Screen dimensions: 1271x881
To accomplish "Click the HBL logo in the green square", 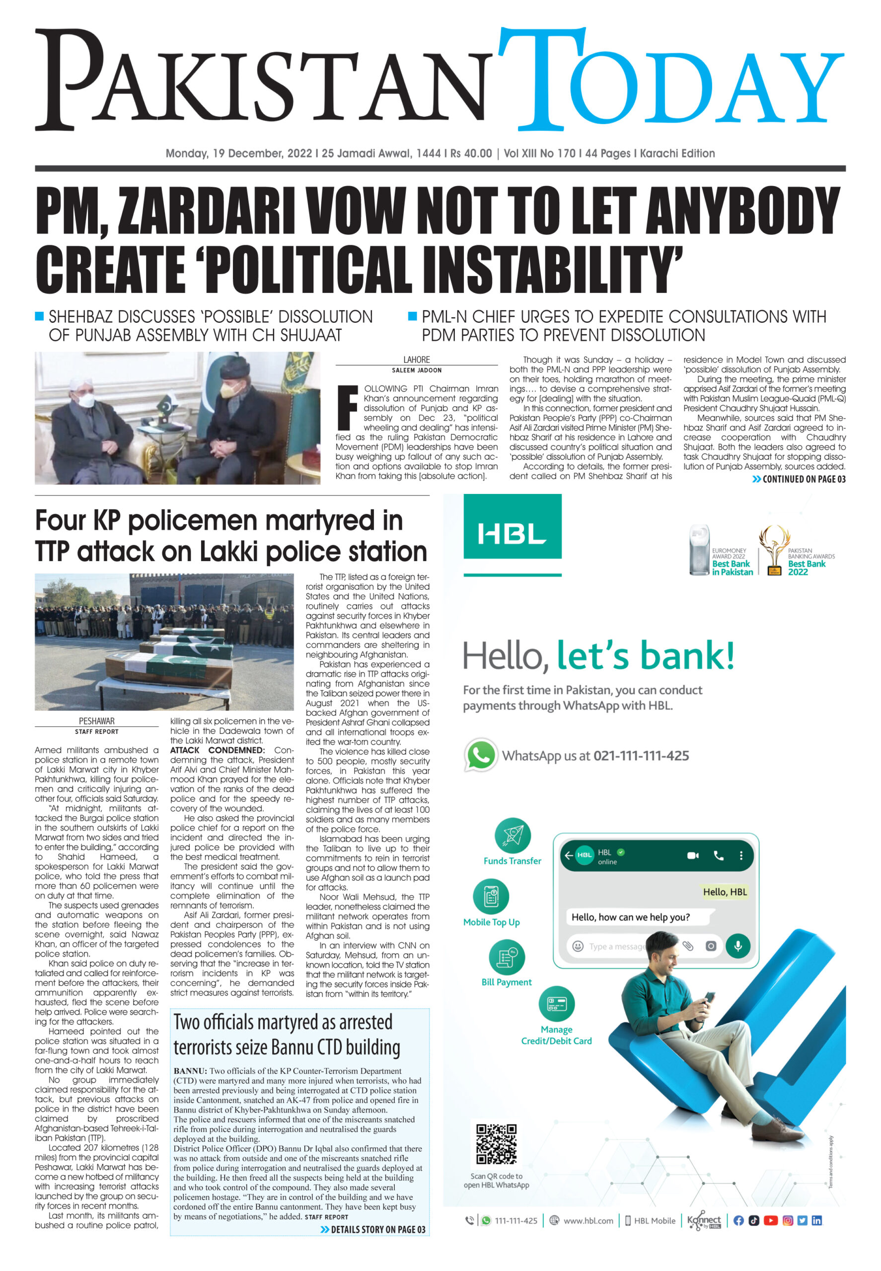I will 512,534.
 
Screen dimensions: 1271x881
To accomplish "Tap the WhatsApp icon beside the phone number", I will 480,755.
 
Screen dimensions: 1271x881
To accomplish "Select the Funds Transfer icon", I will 512,836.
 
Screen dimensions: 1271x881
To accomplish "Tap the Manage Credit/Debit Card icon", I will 556,1004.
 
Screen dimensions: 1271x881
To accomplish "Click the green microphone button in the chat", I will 737,945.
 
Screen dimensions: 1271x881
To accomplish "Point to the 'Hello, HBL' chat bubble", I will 724,892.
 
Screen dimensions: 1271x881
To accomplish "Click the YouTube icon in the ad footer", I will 770,1220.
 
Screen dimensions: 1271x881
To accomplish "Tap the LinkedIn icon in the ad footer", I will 816,1220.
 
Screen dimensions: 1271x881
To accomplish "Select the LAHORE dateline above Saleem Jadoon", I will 416,359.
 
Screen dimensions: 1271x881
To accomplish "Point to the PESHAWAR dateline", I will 97,721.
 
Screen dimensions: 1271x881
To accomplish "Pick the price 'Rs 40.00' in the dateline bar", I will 471,153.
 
